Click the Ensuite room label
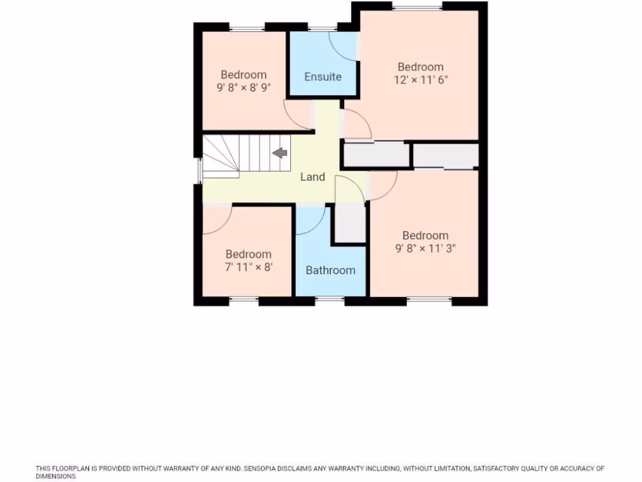click(323, 77)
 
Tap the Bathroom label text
click(330, 270)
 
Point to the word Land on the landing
click(312, 177)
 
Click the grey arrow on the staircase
click(280, 153)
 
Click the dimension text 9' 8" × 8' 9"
click(243, 88)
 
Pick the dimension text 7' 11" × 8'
click(248, 267)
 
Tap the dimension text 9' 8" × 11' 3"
click(425, 248)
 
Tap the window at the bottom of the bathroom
click(330, 300)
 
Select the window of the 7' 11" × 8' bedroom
click(243, 300)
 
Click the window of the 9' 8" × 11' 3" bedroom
click(429, 300)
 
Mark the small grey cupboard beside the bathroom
click(349, 223)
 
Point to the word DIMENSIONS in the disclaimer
click(56, 476)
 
